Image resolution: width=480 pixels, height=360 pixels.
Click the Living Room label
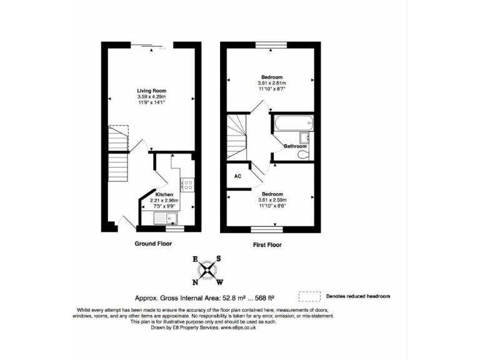pos(151,91)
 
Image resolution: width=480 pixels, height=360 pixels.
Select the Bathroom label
pos(295,146)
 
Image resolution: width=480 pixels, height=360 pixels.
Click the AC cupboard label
pos(237,176)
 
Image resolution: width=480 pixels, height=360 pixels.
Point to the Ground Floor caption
pos(153,244)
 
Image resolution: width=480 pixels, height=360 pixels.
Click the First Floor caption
pos(267,245)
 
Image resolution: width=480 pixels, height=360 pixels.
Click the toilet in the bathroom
pos(302,154)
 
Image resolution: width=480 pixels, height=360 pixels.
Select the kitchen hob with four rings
pos(187,184)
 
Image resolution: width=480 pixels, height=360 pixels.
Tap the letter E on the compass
pos(195,259)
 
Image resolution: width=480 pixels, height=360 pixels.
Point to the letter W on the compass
pos(219,282)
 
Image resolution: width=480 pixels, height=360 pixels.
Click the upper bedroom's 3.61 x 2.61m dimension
pos(271,83)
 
